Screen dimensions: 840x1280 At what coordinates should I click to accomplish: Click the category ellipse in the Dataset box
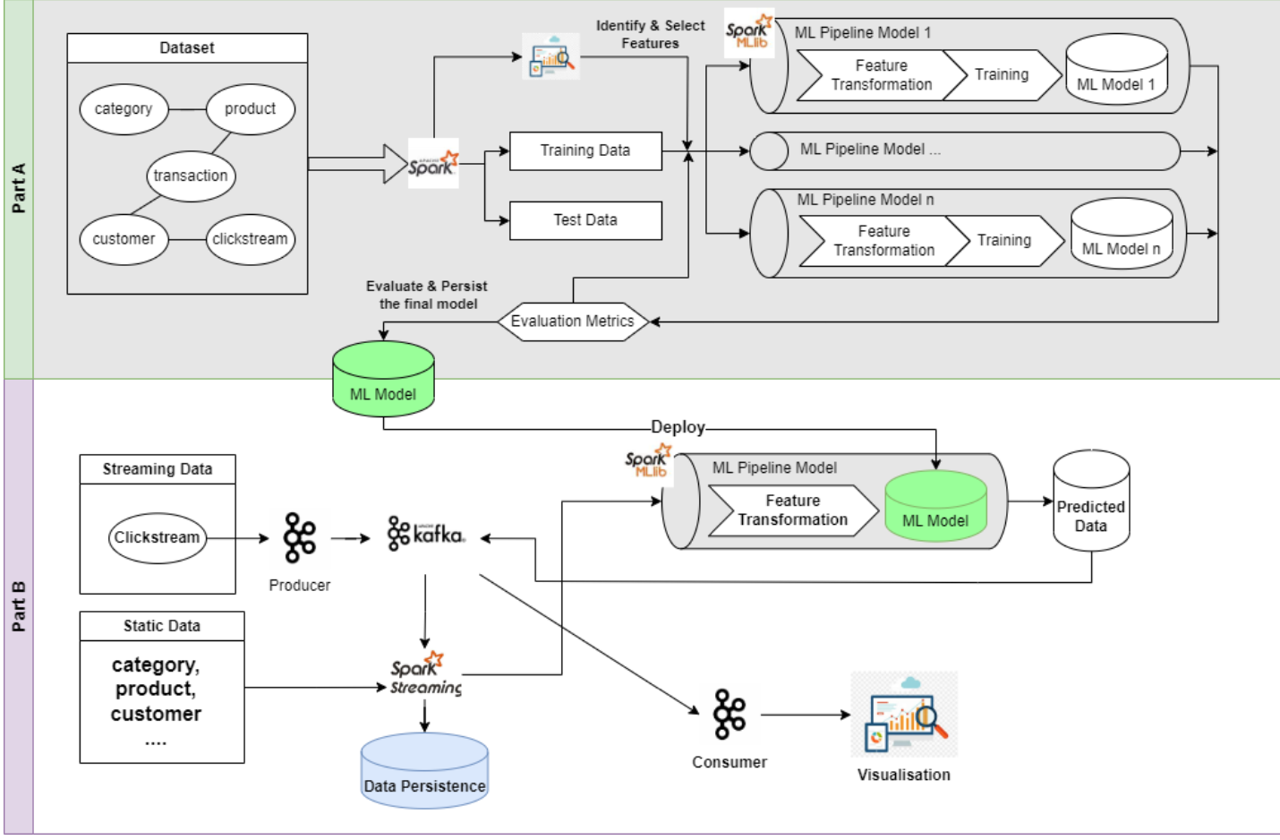(124, 109)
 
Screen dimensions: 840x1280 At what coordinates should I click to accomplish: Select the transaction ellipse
(190, 176)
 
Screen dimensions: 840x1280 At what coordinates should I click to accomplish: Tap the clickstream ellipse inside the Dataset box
(250, 239)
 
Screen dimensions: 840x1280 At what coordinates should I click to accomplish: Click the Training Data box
(585, 150)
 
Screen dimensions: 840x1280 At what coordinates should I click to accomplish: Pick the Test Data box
(585, 220)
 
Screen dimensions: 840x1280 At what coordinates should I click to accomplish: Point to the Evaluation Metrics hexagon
(572, 321)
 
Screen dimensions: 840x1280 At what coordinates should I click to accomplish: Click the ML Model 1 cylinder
(1115, 73)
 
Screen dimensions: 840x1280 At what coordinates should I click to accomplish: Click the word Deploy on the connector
(678, 427)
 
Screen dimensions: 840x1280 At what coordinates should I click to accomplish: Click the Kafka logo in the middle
(426, 535)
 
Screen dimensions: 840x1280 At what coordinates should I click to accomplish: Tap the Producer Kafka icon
(299, 537)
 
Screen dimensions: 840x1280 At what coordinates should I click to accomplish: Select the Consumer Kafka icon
(729, 714)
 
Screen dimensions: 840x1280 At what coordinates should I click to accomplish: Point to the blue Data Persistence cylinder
(424, 772)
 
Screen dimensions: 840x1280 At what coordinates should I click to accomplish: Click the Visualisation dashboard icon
(904, 716)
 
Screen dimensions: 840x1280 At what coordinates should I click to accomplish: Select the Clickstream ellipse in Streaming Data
(157, 537)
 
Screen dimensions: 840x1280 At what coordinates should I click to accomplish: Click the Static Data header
(162, 626)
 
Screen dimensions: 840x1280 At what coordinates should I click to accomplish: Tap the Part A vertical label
(18, 188)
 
